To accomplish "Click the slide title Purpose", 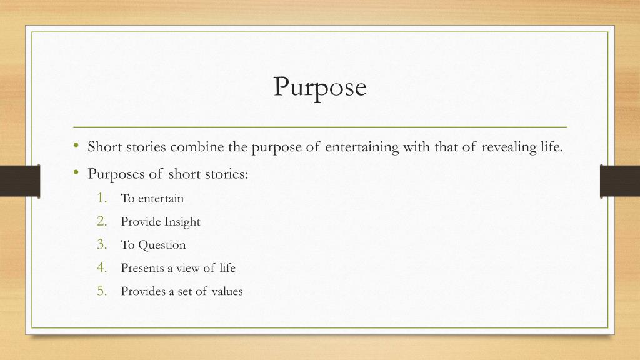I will [x=319, y=87].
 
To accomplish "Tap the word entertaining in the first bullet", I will [x=362, y=147].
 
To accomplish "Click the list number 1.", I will [x=102, y=199].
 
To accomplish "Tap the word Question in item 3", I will [x=162, y=245].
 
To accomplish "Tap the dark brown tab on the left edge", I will [x=19, y=181].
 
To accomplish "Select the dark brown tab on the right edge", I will [x=620, y=181].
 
